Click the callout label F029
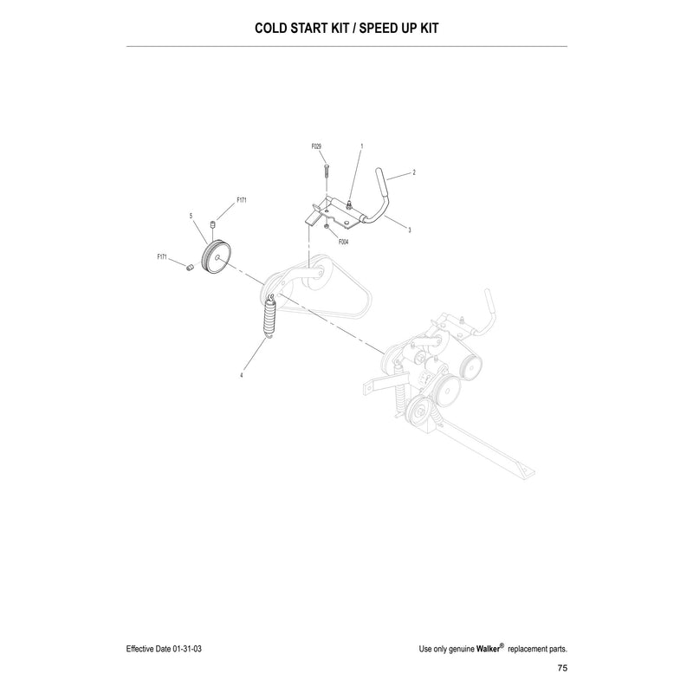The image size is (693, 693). pos(316,146)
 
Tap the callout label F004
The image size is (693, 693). pos(343,242)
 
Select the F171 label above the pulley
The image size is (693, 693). pos(242,200)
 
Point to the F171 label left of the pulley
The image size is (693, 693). pos(162,256)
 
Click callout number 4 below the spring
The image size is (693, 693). pos(242,375)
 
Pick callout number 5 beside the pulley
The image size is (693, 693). pos(191,216)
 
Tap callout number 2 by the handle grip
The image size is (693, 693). pos(414,172)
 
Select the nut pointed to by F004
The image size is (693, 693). pos(326,226)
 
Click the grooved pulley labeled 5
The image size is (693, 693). pos(216,257)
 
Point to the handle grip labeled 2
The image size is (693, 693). pos(382,181)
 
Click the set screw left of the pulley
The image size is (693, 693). pos(190,268)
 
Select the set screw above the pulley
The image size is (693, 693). pos(212,223)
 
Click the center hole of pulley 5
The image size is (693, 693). pos(217,257)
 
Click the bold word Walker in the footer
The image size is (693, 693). pos(488,649)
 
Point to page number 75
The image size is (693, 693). pos(562,668)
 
